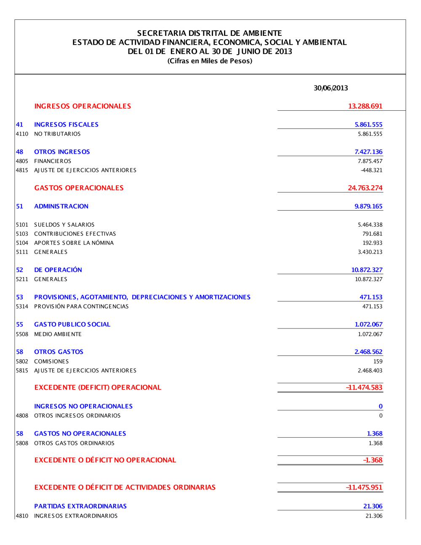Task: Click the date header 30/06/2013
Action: click(331, 88)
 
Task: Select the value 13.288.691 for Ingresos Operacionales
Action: click(365, 106)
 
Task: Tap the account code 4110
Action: click(22, 134)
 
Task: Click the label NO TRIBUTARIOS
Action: click(57, 134)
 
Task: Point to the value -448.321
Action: click(371, 170)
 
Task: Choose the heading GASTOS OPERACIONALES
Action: click(79, 188)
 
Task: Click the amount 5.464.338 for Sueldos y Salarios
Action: click(370, 225)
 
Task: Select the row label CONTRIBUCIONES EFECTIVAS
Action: click(75, 234)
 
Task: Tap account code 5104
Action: click(22, 243)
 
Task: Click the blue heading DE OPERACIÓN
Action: click(58, 270)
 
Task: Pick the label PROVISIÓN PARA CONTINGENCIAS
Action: click(81, 307)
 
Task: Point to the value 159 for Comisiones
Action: click(378, 361)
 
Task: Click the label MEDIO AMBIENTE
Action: click(58, 334)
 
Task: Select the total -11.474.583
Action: click(364, 387)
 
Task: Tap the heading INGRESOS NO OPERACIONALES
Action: click(83, 406)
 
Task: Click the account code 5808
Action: click(22, 443)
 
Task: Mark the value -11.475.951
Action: click(364, 487)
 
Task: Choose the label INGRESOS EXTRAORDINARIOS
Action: click(76, 516)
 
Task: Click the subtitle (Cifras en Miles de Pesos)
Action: click(210, 61)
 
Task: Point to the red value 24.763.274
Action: click(365, 188)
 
